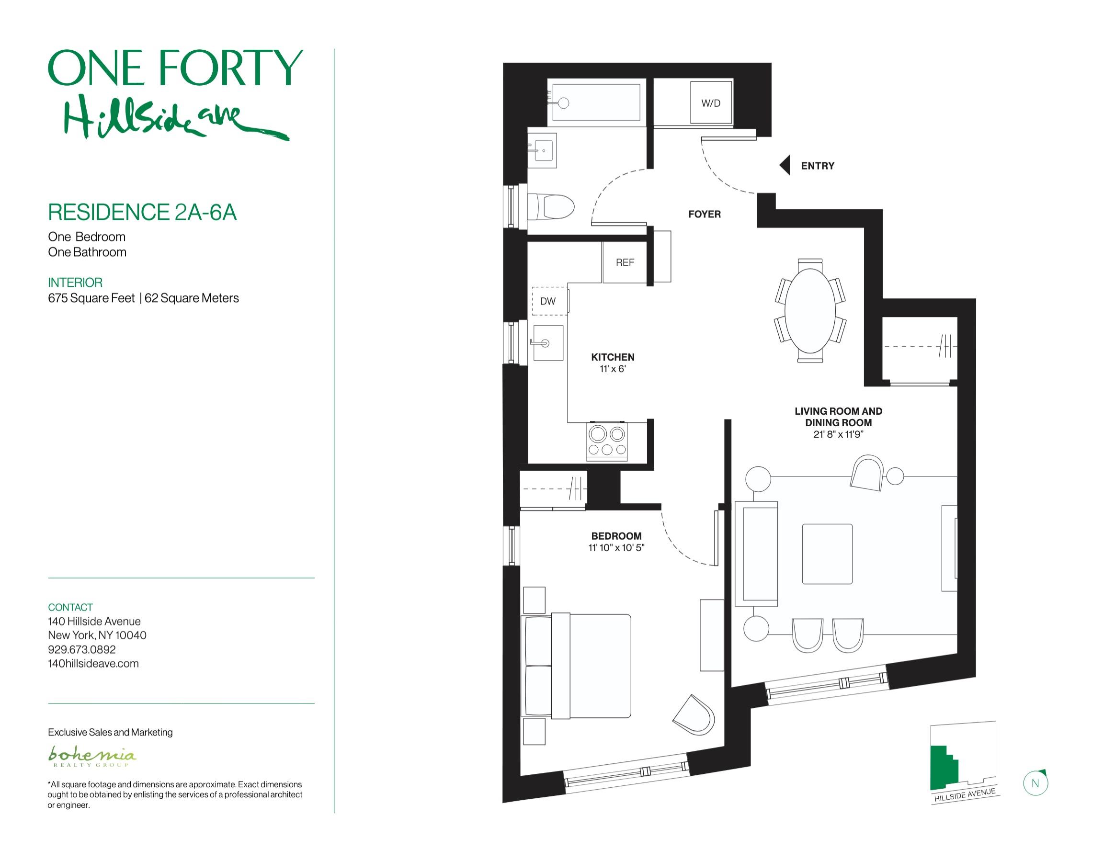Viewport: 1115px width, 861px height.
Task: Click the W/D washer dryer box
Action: [711, 102]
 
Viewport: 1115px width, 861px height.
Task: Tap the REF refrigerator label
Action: [625, 263]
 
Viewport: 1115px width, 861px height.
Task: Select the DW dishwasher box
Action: [548, 301]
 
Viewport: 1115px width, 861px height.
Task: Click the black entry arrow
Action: [785, 165]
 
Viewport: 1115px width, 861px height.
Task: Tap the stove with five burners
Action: [607, 442]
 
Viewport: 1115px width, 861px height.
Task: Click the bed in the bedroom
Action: [576, 667]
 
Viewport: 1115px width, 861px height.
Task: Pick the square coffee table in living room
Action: [827, 554]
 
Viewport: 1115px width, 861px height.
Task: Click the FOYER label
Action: [705, 215]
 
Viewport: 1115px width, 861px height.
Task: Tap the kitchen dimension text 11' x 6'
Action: [613, 369]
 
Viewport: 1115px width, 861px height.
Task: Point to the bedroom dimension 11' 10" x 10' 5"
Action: [616, 548]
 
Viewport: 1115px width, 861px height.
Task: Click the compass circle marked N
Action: [1035, 783]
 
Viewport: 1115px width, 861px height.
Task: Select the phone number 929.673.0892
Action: [82, 650]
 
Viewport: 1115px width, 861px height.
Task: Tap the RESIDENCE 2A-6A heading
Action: [142, 212]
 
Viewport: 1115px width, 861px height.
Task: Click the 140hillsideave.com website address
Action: [93, 664]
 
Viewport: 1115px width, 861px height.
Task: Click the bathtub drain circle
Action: [563, 103]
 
